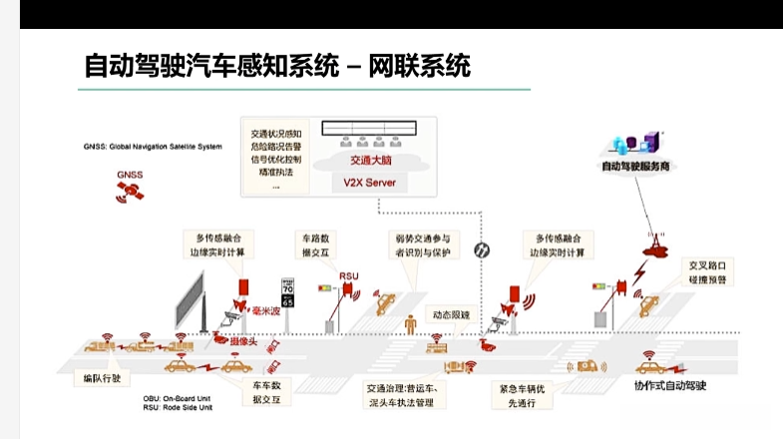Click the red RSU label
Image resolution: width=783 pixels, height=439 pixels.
(349, 275)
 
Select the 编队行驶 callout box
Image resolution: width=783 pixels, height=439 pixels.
(102, 378)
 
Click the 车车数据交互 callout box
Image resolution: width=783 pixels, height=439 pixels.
(264, 390)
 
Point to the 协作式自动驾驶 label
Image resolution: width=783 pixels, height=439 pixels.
(670, 383)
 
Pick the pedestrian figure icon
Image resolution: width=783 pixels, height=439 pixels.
(409, 325)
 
